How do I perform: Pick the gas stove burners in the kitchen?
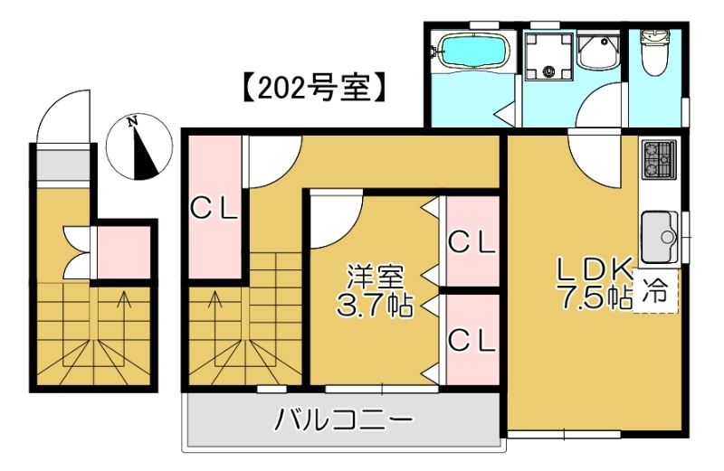pos(658,160)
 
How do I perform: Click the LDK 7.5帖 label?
pos(594,283)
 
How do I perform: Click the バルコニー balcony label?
pos(345,420)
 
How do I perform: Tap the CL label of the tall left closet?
pos(214,209)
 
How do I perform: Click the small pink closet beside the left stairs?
pos(123,252)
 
